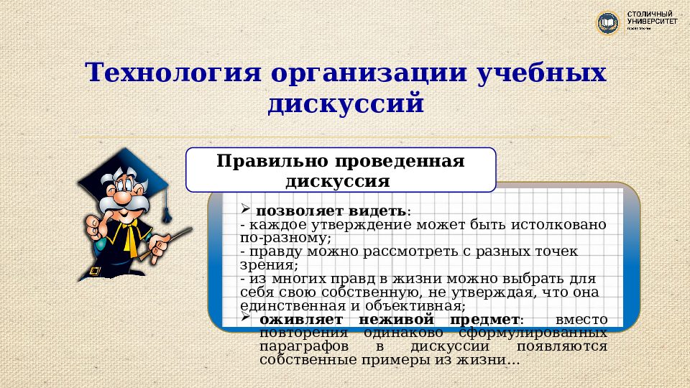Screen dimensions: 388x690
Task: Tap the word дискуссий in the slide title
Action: point(345,104)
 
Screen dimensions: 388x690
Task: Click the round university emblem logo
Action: point(608,23)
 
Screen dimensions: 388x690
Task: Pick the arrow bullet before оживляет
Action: point(245,317)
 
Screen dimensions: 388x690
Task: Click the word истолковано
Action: point(561,224)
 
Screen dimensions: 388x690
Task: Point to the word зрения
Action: point(262,264)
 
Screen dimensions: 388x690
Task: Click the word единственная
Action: point(286,305)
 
